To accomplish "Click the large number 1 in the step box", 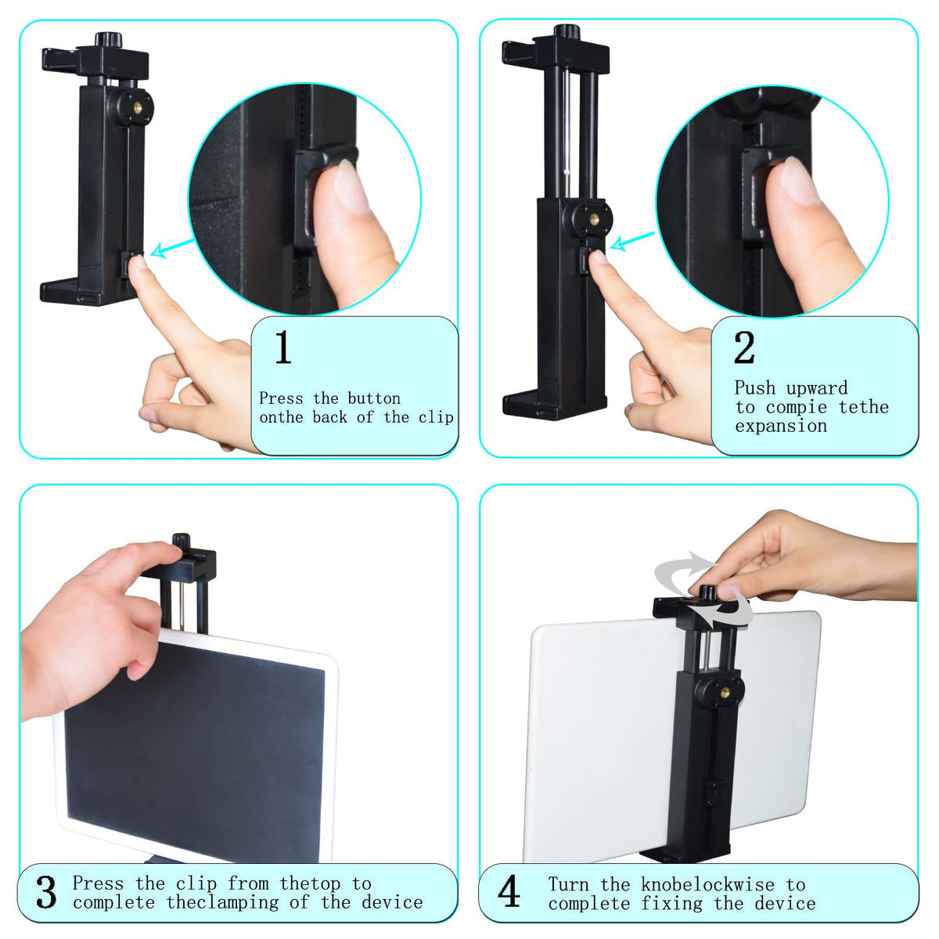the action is click(x=283, y=347).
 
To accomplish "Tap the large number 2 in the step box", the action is click(x=744, y=347).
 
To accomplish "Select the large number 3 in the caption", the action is click(x=47, y=891).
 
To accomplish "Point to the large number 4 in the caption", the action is click(x=509, y=891).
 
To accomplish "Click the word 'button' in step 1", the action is click(x=374, y=398).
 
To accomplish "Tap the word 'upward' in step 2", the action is click(x=817, y=388).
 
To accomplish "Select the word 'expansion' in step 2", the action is click(x=781, y=426).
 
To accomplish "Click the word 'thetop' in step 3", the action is click(x=310, y=883).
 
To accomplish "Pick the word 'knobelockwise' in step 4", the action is click(x=707, y=884).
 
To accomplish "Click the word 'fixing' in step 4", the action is click(x=671, y=903).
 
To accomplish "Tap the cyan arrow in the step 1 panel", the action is click(x=172, y=247).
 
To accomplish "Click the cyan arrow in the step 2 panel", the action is click(x=632, y=241).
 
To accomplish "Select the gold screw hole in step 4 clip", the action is click(x=725, y=693).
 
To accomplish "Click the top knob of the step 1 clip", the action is click(x=108, y=39).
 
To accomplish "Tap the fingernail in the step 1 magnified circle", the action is click(x=353, y=186).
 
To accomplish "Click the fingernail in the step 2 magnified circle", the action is click(x=800, y=180).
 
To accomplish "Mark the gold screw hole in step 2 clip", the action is click(x=595, y=219).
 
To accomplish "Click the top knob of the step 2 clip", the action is click(x=567, y=31).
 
